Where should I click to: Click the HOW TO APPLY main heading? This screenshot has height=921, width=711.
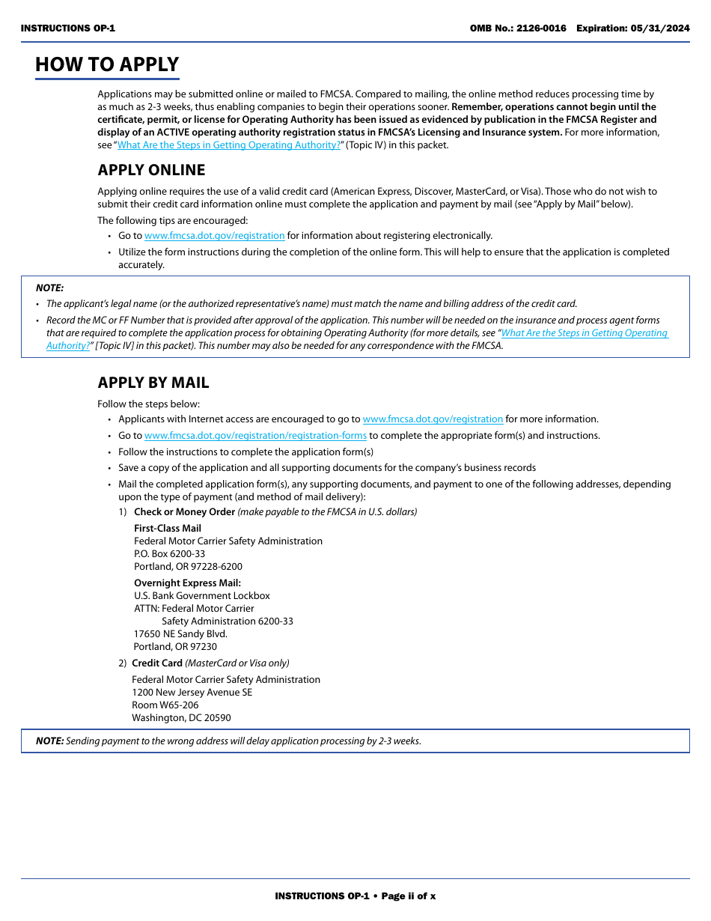click(x=107, y=64)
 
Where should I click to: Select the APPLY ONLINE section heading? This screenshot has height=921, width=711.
click(x=151, y=170)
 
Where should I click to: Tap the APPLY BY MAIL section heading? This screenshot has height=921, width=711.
click(x=153, y=383)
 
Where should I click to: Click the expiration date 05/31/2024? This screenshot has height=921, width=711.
click(x=660, y=28)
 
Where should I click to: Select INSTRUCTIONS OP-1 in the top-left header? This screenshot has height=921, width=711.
click(x=68, y=28)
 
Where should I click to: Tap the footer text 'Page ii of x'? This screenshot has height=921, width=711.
click(x=409, y=896)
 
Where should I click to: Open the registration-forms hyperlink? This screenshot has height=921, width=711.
click(x=255, y=436)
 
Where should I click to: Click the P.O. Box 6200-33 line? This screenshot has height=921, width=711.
click(x=169, y=554)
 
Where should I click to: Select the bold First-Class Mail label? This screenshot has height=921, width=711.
click(x=168, y=529)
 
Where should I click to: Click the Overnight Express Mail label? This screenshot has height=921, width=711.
click(x=187, y=583)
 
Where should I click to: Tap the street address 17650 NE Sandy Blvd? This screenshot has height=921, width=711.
click(x=180, y=634)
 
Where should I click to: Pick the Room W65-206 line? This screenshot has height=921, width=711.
click(x=165, y=705)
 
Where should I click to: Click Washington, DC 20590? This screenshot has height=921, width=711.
click(x=181, y=718)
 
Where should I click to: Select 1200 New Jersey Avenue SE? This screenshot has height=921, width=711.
click(x=192, y=693)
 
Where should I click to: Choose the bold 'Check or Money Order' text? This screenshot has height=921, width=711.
click(x=184, y=512)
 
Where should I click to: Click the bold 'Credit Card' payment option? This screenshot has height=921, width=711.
click(x=157, y=663)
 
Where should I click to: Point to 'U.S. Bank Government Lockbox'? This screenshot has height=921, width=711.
click(x=202, y=596)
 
